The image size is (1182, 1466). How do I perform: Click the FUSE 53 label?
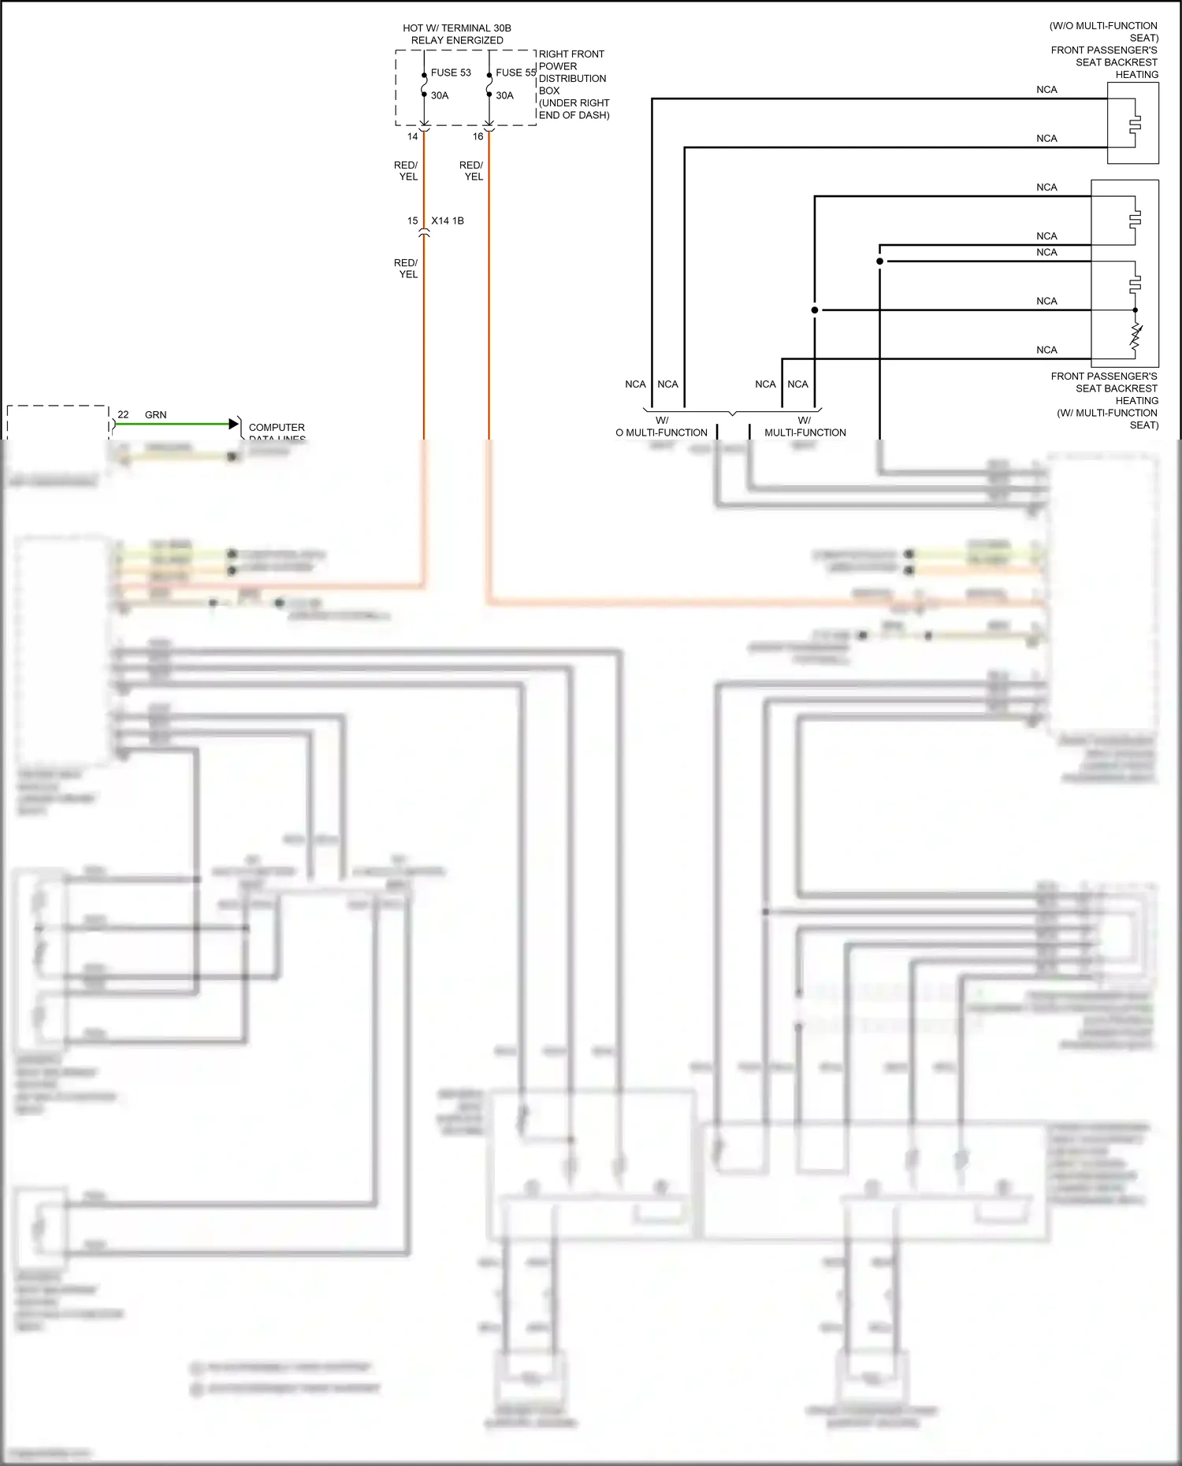point(450,72)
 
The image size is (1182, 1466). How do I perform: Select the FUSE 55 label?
point(515,72)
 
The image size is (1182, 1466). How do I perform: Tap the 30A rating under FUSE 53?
point(439,95)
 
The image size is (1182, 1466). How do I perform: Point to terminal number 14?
point(412,136)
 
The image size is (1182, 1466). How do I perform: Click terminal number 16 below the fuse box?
point(478,136)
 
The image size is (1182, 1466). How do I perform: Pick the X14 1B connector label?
point(448,221)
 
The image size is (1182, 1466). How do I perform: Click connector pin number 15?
point(412,221)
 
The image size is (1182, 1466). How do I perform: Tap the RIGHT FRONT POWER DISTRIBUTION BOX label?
point(573,84)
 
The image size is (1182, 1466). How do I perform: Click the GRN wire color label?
point(155,414)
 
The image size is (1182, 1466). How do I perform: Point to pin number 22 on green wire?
point(123,414)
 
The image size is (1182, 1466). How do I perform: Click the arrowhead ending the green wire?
point(233,424)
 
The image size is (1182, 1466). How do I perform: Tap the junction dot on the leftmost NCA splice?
point(815,310)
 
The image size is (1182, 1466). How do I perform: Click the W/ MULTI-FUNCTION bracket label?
point(805,426)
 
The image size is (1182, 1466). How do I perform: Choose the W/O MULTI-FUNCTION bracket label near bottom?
point(661,426)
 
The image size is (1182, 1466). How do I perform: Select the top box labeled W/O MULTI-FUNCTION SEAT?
point(1132,123)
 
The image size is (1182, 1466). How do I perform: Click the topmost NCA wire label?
point(1046,90)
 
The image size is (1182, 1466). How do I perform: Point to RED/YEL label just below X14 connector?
point(407,269)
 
